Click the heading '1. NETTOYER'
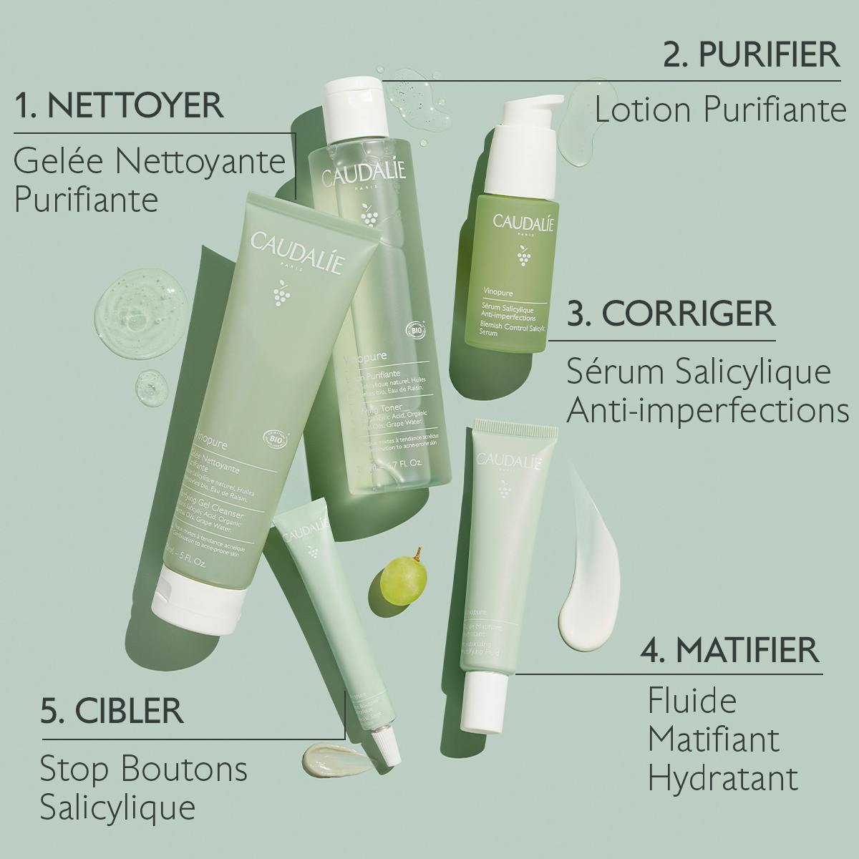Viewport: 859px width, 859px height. pyautogui.click(x=119, y=105)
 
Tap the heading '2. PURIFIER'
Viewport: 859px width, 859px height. pyautogui.click(x=751, y=54)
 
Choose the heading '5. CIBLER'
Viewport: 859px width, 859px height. pyautogui.click(x=112, y=711)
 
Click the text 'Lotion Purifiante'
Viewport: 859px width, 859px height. pyautogui.click(x=720, y=110)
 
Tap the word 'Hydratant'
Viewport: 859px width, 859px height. pyautogui.click(x=723, y=777)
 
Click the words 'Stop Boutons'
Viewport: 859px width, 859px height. pyautogui.click(x=143, y=770)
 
